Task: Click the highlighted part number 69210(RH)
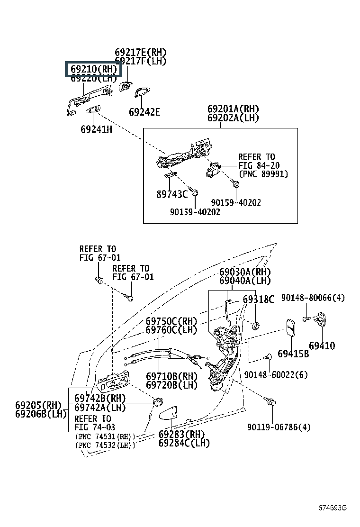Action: click(93, 70)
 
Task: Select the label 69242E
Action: click(144, 112)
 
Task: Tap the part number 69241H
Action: click(96, 129)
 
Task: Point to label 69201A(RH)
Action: click(233, 109)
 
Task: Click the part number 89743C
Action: click(172, 193)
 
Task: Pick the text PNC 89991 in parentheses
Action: click(263, 174)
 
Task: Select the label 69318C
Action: click(258, 300)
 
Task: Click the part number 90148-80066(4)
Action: click(313, 298)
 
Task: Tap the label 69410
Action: click(322, 345)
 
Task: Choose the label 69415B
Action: click(293, 354)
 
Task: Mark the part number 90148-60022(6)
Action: click(276, 375)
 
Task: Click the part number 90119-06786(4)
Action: click(279, 427)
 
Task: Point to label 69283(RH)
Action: click(181, 434)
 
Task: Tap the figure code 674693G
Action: click(332, 508)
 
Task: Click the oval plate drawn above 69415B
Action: click(291, 328)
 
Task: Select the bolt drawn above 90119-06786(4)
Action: click(272, 402)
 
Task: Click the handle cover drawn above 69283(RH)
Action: click(168, 414)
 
